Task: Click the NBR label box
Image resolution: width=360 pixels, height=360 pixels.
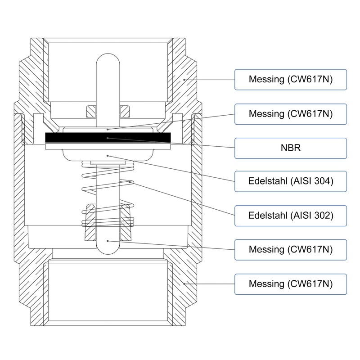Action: point(290,148)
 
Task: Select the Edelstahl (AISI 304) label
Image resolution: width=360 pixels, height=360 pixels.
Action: point(290,181)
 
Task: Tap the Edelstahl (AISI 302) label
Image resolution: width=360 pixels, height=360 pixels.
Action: point(290,216)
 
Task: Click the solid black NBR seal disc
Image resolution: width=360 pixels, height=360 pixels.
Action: point(108,138)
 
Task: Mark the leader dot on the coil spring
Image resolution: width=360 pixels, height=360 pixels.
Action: point(130,182)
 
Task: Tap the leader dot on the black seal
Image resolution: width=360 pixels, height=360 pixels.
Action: point(108,138)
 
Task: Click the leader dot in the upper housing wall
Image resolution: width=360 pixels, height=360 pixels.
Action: point(184,80)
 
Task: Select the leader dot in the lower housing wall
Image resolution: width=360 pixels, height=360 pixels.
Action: point(184,284)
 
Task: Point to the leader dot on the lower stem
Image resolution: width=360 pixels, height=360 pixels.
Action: point(108,241)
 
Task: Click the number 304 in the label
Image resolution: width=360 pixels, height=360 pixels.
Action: point(322,181)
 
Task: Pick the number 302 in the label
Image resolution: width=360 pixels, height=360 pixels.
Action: point(322,216)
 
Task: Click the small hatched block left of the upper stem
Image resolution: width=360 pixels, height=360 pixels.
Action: point(91,111)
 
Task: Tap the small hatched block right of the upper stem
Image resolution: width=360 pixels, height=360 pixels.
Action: point(125,111)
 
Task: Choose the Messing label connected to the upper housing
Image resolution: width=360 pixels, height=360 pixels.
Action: point(290,80)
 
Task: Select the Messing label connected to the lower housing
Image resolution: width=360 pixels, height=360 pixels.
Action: point(290,284)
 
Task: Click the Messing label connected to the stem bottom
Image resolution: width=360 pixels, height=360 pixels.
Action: point(290,250)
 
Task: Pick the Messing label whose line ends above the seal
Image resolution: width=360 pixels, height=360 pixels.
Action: point(290,114)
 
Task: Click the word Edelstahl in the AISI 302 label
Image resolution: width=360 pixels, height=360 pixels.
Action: point(268,216)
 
